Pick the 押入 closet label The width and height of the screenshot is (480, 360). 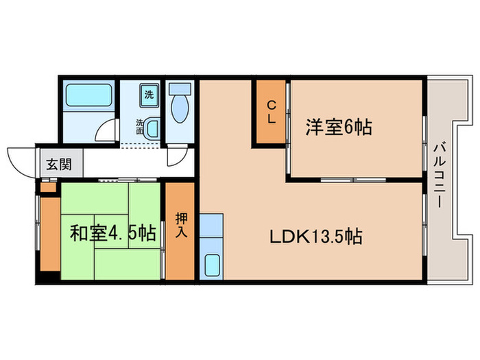[x=181, y=225]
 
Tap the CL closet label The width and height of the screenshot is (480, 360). [x=272, y=112]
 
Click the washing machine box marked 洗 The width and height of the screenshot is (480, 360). [x=149, y=95]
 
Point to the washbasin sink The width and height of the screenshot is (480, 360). [x=152, y=128]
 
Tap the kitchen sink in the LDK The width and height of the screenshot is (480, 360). [x=213, y=265]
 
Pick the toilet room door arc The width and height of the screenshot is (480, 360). [x=176, y=158]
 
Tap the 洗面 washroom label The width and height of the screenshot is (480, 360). [x=140, y=127]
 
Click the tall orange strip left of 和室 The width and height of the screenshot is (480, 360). [x=49, y=233]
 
